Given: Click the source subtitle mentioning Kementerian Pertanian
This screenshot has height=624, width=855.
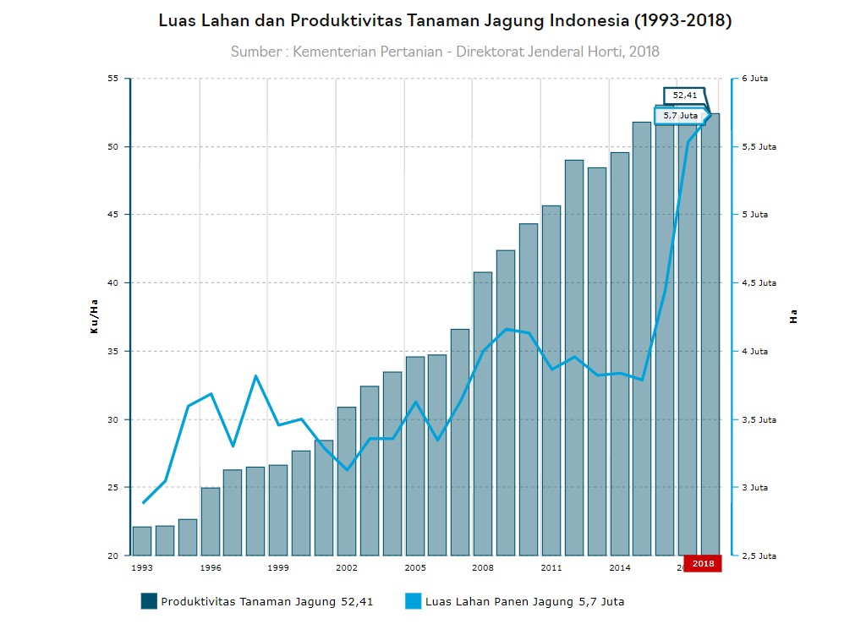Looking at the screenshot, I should point(445,52).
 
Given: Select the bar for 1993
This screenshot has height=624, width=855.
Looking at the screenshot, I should point(142,541).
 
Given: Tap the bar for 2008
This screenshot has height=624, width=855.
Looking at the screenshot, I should point(483,414).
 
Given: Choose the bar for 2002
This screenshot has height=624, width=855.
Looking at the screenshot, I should point(347,481).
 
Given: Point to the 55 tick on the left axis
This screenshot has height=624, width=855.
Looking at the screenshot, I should point(113,79).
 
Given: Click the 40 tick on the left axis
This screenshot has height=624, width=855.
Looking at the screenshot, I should point(113,283).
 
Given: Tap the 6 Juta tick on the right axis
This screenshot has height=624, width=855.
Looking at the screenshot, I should point(755,79).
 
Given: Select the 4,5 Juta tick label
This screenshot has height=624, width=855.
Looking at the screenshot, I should point(755,283).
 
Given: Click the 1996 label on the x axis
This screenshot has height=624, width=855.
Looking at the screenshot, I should point(211,568).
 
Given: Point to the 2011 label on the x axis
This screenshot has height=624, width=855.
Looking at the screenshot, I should point(551,568).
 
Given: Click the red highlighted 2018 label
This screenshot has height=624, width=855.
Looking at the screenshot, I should point(703,563).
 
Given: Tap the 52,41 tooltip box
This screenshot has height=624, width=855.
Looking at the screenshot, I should point(685,96).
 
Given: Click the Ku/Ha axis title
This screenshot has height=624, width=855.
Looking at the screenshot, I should point(94,316).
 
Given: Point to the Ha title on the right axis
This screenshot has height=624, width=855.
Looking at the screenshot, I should point(793,317).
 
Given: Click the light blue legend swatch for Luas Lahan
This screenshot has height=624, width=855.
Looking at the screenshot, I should point(413,601).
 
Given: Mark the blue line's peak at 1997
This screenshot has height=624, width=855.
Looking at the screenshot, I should point(256,375).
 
